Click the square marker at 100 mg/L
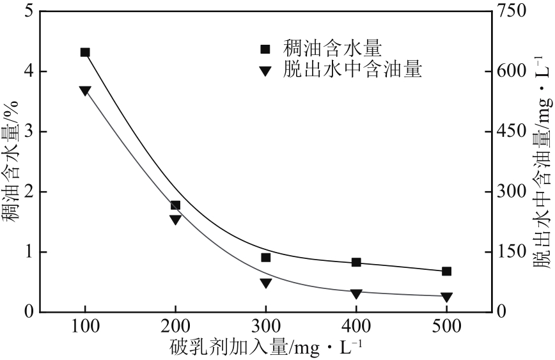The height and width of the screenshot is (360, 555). point(85,52)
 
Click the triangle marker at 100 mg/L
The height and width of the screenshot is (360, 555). point(85,91)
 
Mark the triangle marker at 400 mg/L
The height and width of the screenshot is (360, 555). point(356,293)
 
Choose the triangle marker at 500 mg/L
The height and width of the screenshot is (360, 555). point(446,297)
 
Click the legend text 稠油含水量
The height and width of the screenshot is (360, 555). point(332,48)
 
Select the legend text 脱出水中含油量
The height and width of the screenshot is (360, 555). point(352,68)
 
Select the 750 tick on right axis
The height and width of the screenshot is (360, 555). point(513,11)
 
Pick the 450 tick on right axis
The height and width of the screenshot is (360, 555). point(513,132)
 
